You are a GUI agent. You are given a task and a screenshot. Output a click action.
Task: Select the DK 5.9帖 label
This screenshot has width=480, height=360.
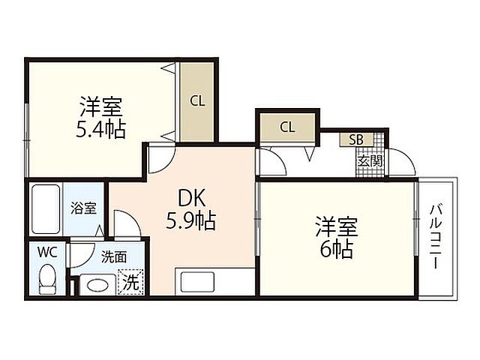coord(190,209)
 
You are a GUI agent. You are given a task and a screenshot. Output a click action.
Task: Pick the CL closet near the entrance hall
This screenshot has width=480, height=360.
coord(287,127)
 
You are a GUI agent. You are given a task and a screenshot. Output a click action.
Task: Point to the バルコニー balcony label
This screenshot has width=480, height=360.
coord(436,237)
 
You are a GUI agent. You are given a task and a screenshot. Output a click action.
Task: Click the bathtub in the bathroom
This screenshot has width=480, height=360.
coord(46,209)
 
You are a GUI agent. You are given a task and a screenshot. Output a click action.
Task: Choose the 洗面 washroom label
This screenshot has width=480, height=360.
coord(114,256)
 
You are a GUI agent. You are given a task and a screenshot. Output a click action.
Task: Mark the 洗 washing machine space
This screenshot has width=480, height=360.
coord(131,284)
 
